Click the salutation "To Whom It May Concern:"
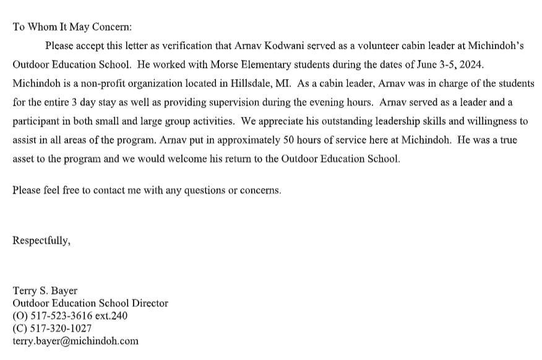pos(72,27)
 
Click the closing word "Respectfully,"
pos(41,241)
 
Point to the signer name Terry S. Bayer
pos(45,291)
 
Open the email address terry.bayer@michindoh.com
pos(75,341)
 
